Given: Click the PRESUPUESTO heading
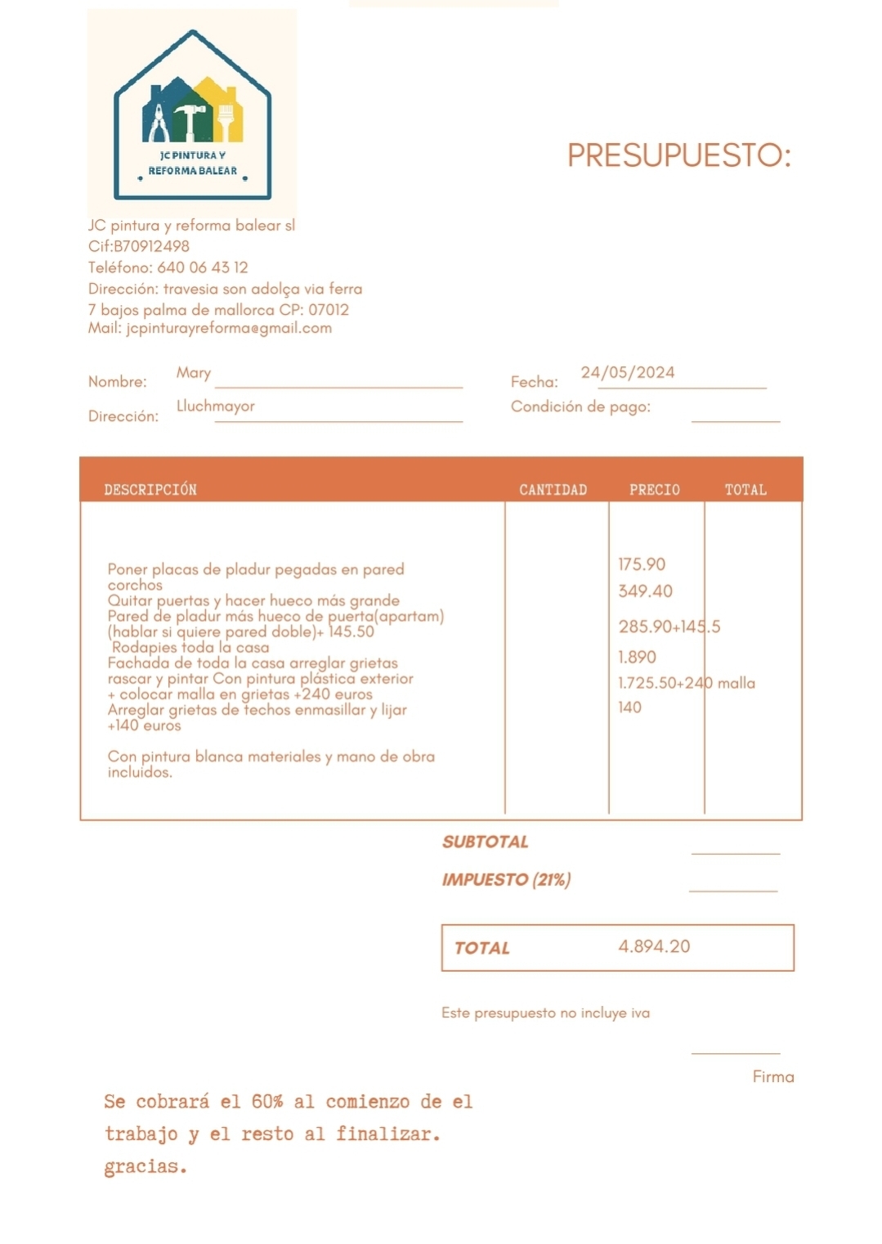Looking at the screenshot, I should [678, 155].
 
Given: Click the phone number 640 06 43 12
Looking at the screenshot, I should [202, 267].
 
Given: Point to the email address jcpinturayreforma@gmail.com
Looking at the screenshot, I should [229, 328].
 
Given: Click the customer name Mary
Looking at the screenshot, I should [194, 373].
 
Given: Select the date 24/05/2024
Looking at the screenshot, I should [628, 373].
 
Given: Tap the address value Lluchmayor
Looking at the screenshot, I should [216, 406].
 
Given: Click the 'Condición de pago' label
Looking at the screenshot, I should [580, 407].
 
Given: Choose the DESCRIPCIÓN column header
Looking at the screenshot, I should [150, 490].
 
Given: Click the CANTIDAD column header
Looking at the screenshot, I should [553, 490].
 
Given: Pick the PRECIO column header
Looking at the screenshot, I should [655, 490].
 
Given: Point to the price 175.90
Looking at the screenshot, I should [642, 564].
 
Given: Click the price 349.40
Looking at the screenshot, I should [645, 591].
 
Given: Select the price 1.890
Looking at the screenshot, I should [637, 658].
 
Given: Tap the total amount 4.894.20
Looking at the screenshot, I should [654, 947].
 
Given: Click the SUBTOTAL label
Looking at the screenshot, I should [486, 842].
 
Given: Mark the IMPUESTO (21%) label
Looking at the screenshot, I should [506, 880].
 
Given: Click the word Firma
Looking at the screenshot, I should [773, 1077].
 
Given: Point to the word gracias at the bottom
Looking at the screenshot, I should [145, 1167].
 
